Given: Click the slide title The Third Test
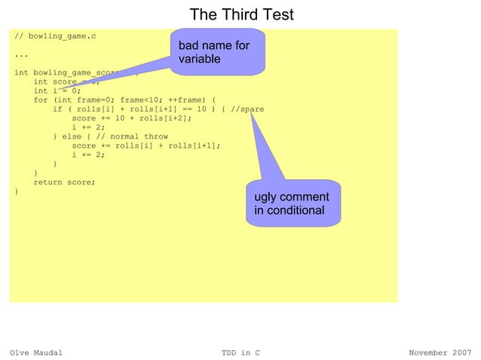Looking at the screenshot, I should tap(240, 14).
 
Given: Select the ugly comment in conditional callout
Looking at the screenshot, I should tap(293, 203).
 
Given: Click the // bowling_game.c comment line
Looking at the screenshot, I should tap(56, 36).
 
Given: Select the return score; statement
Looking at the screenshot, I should tap(64, 182).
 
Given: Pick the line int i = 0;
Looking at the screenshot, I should tap(57, 91).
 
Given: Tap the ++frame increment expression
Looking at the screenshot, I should tap(185, 100).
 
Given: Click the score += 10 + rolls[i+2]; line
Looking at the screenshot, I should tap(131, 118).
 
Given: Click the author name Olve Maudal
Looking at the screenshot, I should tap(35, 352).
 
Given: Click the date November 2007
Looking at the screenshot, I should tap(440, 352).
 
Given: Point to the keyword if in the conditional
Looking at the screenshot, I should tap(57, 109).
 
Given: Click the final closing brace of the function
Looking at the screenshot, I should tap(17, 191).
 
